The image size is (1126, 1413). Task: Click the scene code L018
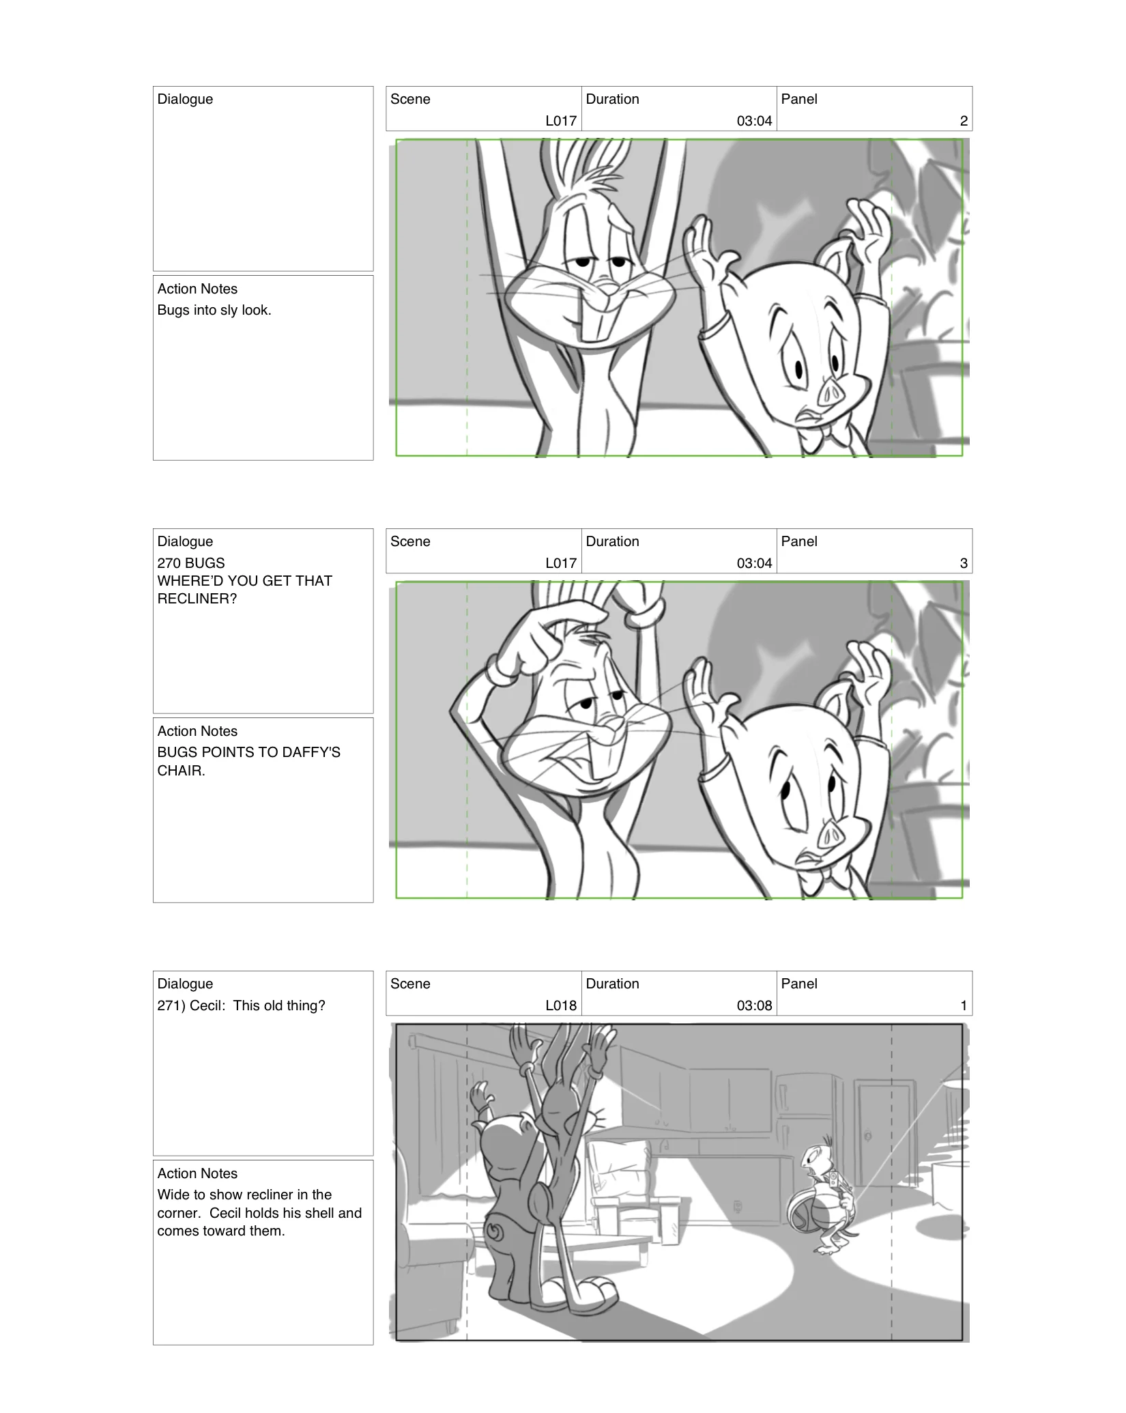pyautogui.click(x=560, y=1005)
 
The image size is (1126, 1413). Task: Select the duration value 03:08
pyautogui.click(x=754, y=1005)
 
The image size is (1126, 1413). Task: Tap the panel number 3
pyautogui.click(x=963, y=563)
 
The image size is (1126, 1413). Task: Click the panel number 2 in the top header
pyautogui.click(x=963, y=121)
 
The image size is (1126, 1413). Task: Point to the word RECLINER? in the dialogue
pyautogui.click(x=197, y=599)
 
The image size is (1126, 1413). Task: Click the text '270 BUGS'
pyautogui.click(x=191, y=563)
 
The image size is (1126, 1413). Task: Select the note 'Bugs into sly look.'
pyautogui.click(x=214, y=310)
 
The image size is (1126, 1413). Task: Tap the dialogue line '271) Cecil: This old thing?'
pyautogui.click(x=241, y=1005)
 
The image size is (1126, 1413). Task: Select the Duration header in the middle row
pyautogui.click(x=612, y=541)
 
